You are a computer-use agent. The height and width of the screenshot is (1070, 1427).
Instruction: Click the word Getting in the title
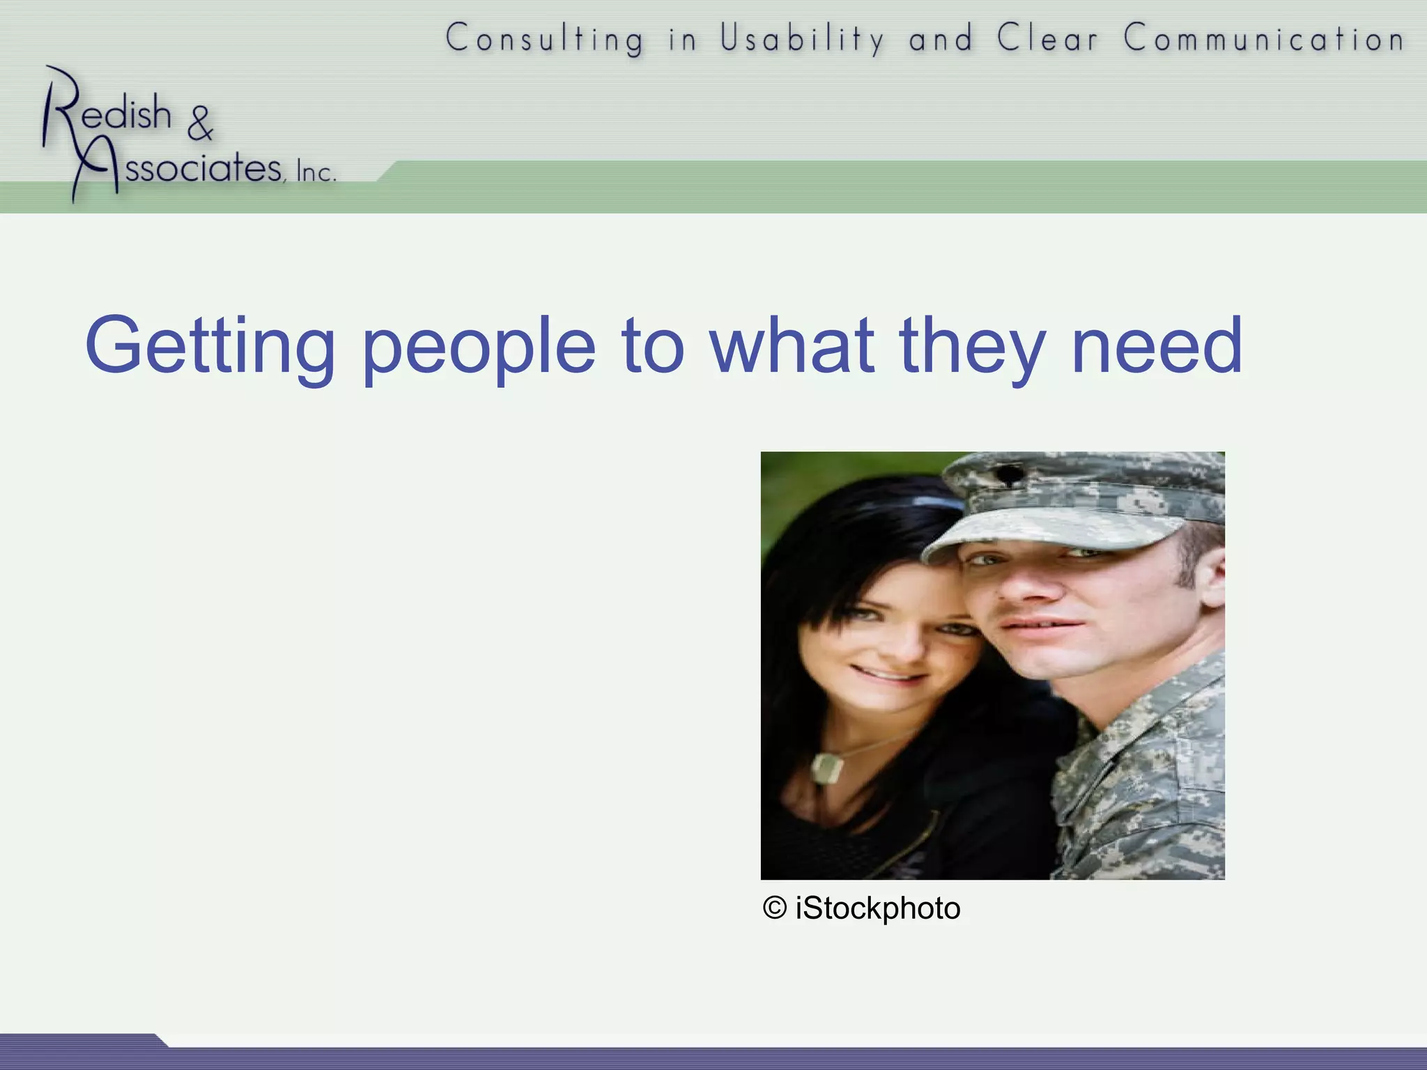click(x=209, y=346)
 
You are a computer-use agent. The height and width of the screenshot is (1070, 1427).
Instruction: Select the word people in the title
click(x=479, y=346)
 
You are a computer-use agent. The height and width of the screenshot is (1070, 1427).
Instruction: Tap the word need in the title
click(x=1157, y=346)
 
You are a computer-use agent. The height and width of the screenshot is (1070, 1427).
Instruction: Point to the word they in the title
click(x=973, y=346)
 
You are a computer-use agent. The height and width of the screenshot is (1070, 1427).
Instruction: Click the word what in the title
click(x=792, y=346)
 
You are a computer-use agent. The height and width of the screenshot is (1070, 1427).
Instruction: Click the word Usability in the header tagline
click(x=802, y=38)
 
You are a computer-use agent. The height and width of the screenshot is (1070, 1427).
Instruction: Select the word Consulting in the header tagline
click(x=545, y=38)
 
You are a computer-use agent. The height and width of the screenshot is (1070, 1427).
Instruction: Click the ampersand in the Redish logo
click(x=200, y=123)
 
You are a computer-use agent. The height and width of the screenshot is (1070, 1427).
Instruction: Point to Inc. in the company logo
click(x=316, y=171)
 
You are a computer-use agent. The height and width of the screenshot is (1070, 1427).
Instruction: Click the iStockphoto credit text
click(x=877, y=908)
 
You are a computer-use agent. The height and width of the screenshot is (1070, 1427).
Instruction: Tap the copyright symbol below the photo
click(x=774, y=908)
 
